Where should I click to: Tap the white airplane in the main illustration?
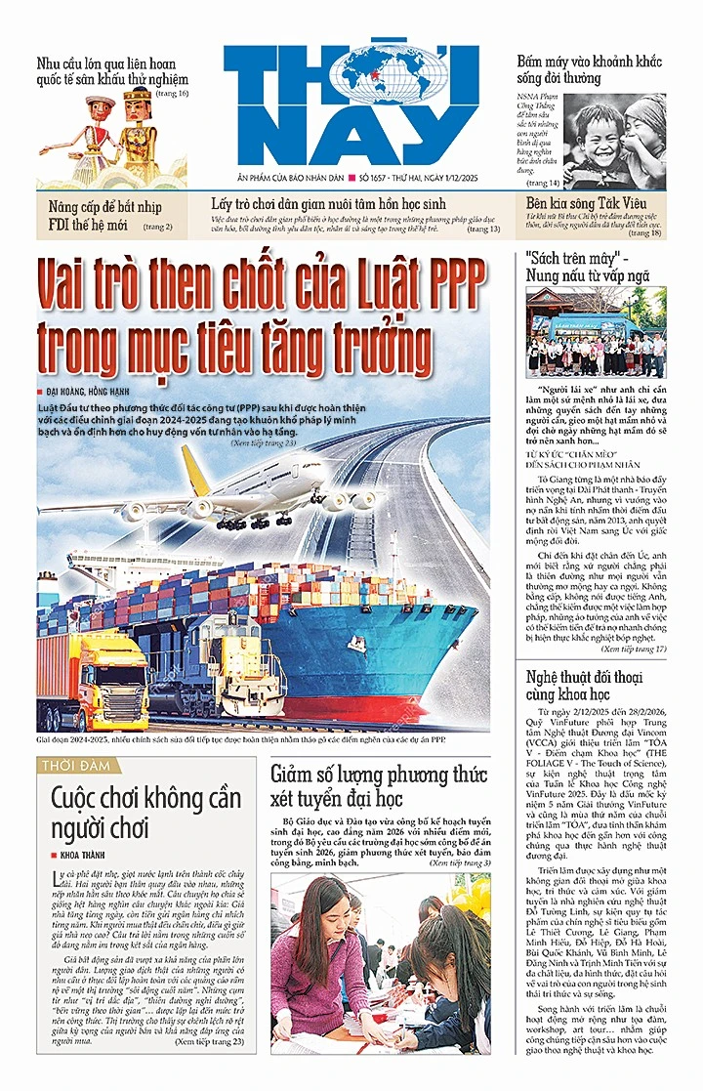pyautogui.click(x=283, y=493)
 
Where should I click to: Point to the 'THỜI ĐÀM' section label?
pyautogui.click(x=76, y=765)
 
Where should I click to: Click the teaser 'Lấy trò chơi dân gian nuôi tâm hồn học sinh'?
pyautogui.click(x=329, y=204)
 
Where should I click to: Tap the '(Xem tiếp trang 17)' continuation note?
pyautogui.click(x=633, y=648)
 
